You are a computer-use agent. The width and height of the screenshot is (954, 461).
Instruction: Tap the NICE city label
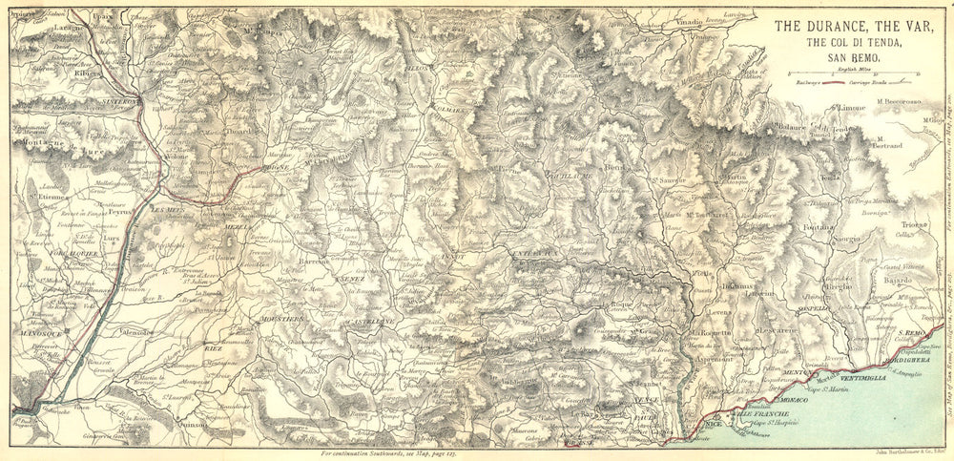point(713,421)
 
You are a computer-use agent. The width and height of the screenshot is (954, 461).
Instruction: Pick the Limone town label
point(851,109)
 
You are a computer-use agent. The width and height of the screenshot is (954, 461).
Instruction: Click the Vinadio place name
point(692,21)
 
